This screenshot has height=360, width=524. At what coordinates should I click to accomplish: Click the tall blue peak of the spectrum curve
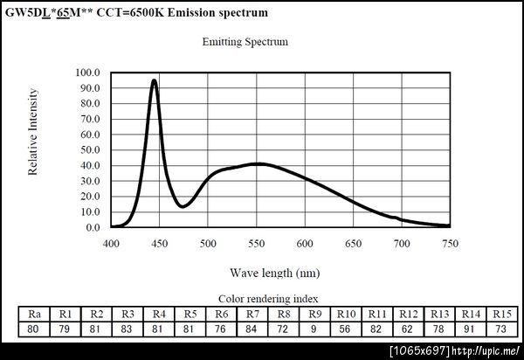[x=155, y=81]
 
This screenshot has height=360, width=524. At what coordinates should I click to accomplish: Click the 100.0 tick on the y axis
[x=89, y=73]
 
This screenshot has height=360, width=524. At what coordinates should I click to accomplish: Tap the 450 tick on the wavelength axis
[x=159, y=245]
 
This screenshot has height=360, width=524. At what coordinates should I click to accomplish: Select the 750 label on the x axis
[x=450, y=245]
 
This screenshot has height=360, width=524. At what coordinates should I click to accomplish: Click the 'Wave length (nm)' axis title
[x=275, y=273]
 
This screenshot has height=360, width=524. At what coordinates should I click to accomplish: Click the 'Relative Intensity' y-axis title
[x=33, y=131]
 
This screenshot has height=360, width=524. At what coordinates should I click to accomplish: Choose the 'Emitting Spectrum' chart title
[x=245, y=41]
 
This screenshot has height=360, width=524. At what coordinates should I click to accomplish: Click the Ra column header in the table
[x=34, y=314]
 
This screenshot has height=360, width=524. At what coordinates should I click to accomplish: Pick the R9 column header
[x=315, y=314]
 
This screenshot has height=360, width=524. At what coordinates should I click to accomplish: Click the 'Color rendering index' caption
[x=268, y=298]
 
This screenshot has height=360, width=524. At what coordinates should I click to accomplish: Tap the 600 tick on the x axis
[x=305, y=245]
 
